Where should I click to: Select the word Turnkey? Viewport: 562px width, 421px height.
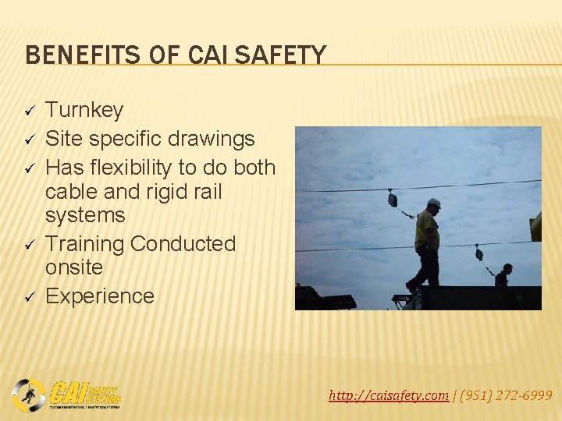coord(84,111)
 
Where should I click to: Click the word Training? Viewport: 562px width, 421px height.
coord(85,244)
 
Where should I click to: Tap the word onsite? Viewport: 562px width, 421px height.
coord(74,267)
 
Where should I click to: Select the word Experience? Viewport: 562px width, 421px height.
coord(100,296)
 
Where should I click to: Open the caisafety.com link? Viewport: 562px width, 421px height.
coord(388,395)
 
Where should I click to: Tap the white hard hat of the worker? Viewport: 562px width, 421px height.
coord(433,203)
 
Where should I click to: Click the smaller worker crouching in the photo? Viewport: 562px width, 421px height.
coord(503,276)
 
